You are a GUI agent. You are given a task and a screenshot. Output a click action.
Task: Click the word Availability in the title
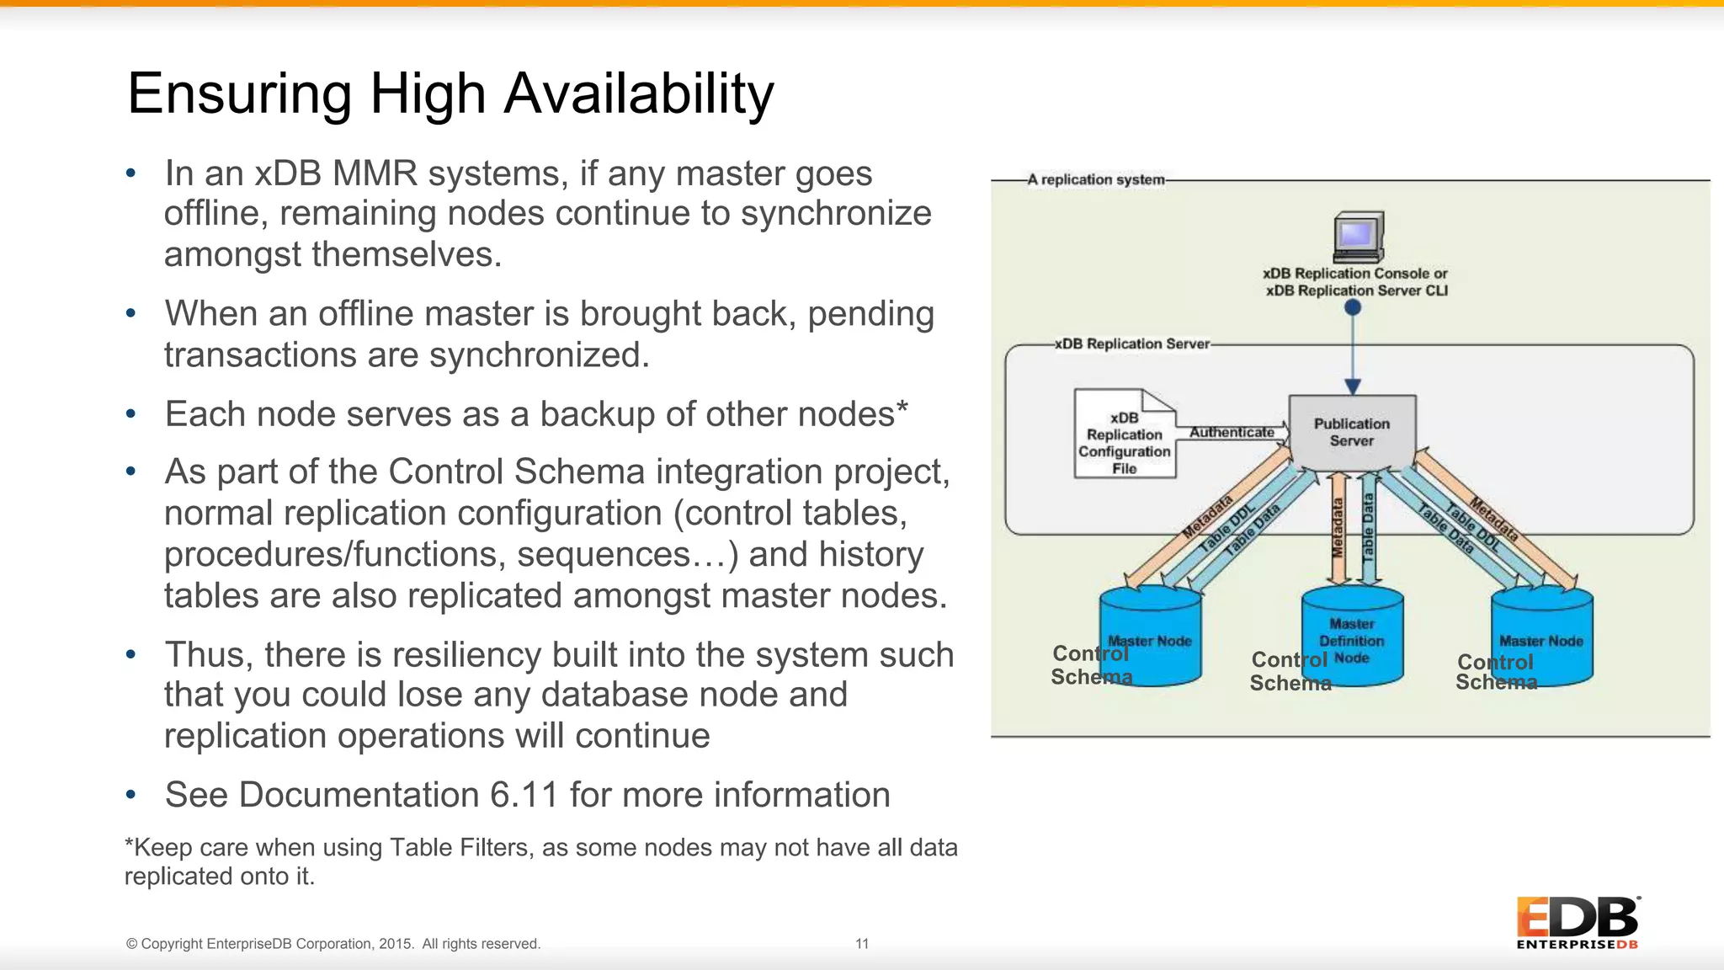(638, 93)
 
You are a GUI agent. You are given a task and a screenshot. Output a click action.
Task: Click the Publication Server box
(1352, 433)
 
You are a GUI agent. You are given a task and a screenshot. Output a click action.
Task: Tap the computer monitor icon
(1358, 237)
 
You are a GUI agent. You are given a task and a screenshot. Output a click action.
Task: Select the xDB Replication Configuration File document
(1124, 435)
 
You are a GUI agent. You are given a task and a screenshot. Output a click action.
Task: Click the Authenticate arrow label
(1232, 432)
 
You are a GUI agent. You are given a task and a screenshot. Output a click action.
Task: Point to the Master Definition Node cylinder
(1352, 637)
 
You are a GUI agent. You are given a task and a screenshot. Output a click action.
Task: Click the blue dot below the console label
(1353, 308)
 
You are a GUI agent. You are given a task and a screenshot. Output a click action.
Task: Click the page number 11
(862, 944)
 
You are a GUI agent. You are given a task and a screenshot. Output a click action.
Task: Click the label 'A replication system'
(1096, 179)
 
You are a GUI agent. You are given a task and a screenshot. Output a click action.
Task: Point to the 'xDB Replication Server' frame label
(1132, 344)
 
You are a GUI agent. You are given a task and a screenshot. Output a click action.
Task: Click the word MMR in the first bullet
(375, 173)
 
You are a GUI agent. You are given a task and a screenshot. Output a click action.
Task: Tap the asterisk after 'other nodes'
(902, 408)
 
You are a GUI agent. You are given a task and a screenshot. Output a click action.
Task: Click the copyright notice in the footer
(333, 944)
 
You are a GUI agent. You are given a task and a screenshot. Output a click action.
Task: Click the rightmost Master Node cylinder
(1541, 637)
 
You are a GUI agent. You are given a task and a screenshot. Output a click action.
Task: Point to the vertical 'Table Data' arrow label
(1369, 528)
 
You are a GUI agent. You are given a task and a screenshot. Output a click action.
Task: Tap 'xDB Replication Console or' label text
(1354, 274)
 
